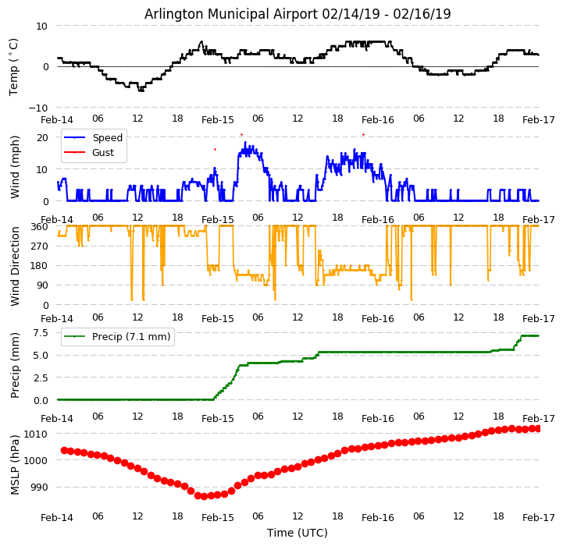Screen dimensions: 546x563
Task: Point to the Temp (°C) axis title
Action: (x=14, y=66)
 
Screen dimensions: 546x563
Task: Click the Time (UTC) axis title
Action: (x=298, y=534)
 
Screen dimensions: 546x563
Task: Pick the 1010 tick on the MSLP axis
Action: (x=36, y=434)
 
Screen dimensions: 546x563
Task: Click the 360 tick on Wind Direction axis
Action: (x=39, y=226)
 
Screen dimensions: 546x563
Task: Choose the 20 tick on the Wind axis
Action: (x=42, y=137)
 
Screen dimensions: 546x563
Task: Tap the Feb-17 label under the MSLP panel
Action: (x=539, y=518)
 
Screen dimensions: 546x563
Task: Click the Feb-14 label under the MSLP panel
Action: (x=57, y=518)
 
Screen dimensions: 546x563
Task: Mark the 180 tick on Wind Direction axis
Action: (x=39, y=266)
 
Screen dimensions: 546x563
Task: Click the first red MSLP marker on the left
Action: (x=64, y=450)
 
